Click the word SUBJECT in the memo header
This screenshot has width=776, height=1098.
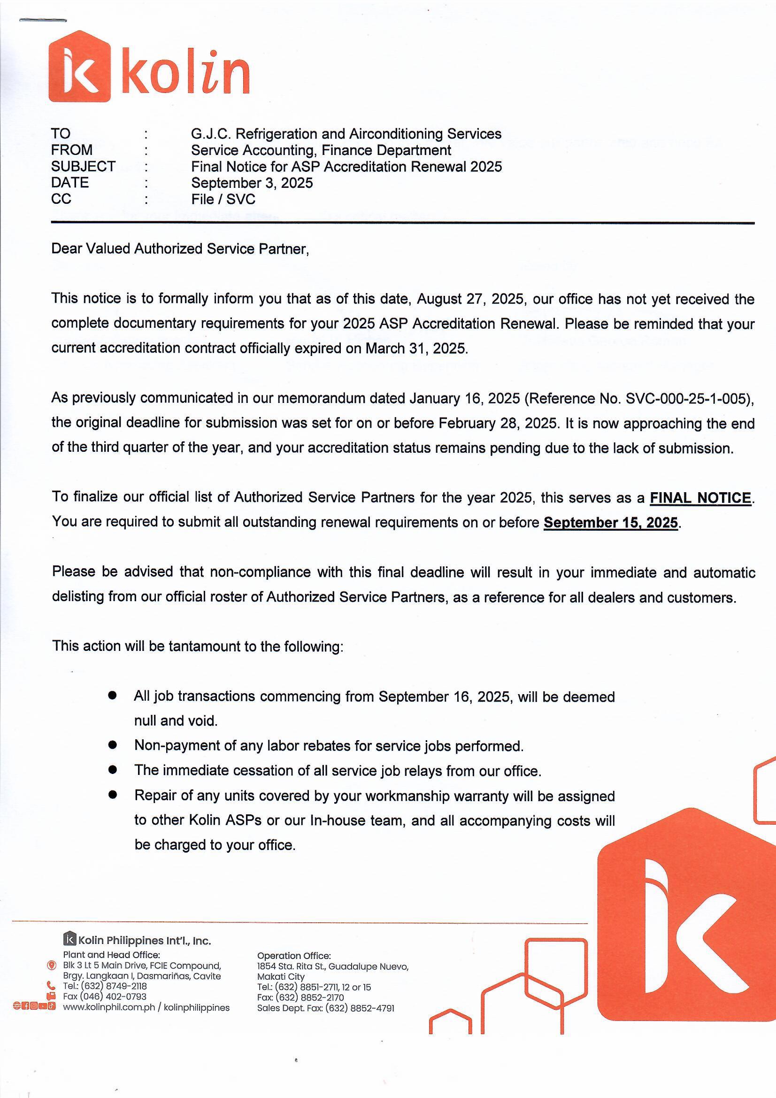(83, 166)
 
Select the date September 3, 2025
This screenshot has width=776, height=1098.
(252, 183)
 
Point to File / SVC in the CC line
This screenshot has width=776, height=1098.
(223, 199)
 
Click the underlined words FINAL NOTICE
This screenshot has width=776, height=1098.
(700, 498)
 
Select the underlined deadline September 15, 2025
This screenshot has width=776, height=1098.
(611, 522)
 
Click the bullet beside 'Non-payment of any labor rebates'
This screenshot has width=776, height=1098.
(113, 745)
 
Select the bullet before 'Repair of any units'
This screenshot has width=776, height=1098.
(113, 795)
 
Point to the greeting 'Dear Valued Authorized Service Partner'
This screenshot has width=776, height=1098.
(180, 249)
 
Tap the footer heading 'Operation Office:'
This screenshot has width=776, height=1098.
(293, 956)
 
